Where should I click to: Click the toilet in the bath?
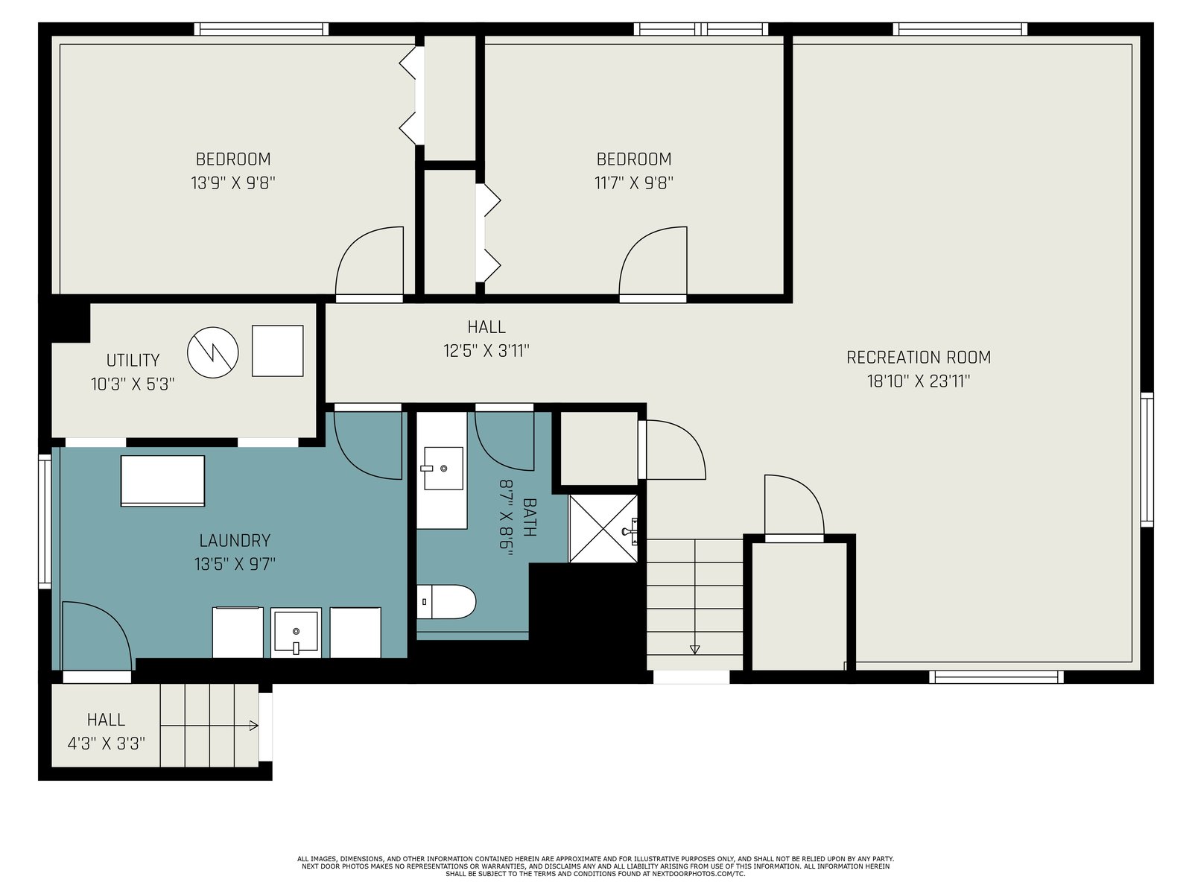pos(446,601)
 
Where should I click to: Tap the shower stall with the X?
pos(603,528)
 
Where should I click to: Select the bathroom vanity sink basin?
pos(443,468)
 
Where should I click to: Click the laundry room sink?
pos(296,631)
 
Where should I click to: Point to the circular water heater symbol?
pos(213,352)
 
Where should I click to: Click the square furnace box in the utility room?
pos(277,351)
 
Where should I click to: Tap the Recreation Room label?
pos(919,357)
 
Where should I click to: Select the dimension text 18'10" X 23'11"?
pos(919,381)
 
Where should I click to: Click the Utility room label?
pos(133,360)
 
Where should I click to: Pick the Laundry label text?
pos(235,540)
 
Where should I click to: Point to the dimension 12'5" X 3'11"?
pos(486,351)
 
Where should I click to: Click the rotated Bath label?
pos(529,517)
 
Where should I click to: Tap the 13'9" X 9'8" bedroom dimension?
pos(233,183)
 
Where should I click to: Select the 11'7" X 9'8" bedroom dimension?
pos(634,183)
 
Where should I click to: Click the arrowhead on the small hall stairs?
pos(253,725)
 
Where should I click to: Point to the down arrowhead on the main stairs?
pos(694,649)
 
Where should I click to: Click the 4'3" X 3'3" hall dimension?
pos(106,743)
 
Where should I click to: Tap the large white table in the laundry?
pos(162,481)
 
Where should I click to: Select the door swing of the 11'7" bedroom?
pos(653,261)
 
